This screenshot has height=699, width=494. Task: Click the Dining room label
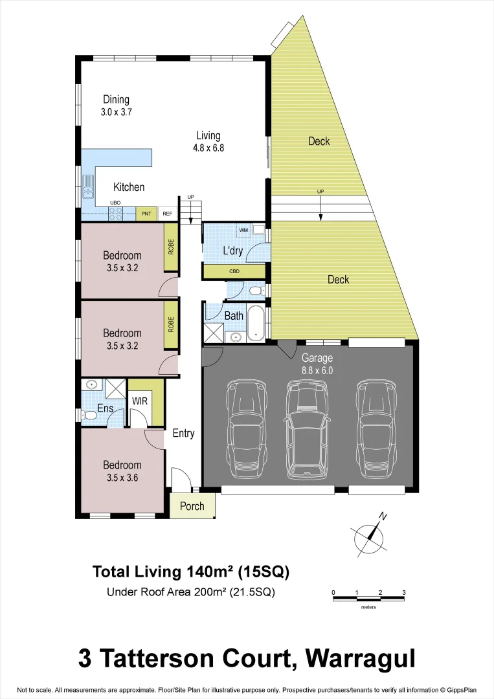click(x=116, y=100)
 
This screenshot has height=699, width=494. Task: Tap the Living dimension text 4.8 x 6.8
click(x=208, y=148)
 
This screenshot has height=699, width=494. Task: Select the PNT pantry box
click(x=146, y=214)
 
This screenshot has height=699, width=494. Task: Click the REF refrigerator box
click(x=167, y=214)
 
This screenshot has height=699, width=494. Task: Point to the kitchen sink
click(x=87, y=186)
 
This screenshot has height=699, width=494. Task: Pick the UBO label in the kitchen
click(x=115, y=203)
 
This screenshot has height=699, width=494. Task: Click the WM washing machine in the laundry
click(x=244, y=230)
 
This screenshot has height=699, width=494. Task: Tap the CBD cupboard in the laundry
click(x=234, y=271)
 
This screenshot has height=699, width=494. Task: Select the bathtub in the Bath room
click(x=256, y=323)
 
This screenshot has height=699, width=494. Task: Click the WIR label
click(x=140, y=401)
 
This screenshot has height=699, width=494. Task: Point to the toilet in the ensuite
click(x=89, y=416)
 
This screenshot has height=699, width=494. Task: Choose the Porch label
click(x=192, y=506)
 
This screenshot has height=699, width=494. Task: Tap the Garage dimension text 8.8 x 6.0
click(x=317, y=370)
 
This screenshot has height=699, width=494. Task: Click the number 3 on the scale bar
click(x=403, y=592)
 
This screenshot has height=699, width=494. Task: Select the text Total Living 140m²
click(x=163, y=571)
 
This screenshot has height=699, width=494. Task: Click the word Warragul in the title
click(x=361, y=658)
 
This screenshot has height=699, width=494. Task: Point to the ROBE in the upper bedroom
click(x=171, y=247)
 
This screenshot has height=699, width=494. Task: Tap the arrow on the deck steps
click(x=320, y=208)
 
